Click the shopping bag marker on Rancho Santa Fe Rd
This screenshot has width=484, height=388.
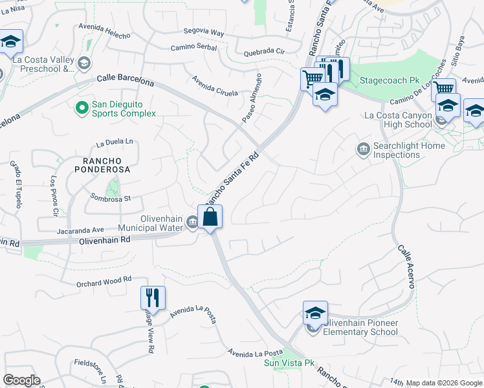click(x=210, y=217)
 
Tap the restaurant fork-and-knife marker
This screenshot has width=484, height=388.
click(x=153, y=298)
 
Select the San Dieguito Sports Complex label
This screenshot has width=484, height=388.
click(x=124, y=109)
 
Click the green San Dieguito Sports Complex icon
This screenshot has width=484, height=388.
click(x=82, y=107)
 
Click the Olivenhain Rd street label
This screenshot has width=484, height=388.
click(x=105, y=239)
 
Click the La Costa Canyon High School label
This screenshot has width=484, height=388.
click(x=398, y=120)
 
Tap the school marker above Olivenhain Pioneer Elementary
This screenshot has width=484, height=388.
click(x=315, y=314)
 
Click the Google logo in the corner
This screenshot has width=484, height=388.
click(x=21, y=380)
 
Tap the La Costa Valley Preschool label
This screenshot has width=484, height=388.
click(x=44, y=63)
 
